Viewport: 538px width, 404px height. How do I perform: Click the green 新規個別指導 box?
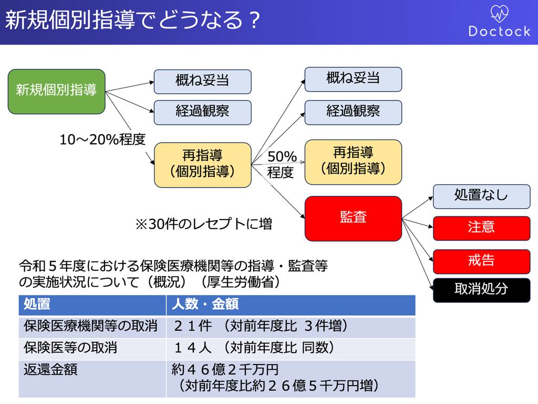tap(57, 92)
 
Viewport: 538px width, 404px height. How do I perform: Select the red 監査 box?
tap(353, 218)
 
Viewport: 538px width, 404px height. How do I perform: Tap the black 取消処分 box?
tap(481, 290)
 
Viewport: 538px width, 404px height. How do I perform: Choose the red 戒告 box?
tap(481, 261)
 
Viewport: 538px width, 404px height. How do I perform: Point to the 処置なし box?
tap(481, 197)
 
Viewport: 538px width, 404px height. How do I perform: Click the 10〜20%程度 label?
tap(102, 139)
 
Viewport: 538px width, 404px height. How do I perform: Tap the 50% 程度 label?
tap(282, 164)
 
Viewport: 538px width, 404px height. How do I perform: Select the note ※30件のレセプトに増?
tap(204, 224)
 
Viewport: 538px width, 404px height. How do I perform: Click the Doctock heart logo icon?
tap(499, 13)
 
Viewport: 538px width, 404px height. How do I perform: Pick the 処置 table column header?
tap(37, 304)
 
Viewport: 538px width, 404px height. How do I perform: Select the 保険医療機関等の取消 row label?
tap(90, 326)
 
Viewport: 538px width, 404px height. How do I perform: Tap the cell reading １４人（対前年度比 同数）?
tap(254, 348)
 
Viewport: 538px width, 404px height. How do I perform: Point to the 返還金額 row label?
tap(50, 370)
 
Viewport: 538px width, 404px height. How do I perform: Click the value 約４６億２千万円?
tap(225, 370)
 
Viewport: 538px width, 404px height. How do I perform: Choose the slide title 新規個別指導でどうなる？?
tap(133, 20)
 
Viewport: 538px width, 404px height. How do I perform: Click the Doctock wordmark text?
tap(500, 31)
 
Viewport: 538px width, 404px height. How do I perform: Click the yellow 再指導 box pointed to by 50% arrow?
tap(353, 162)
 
